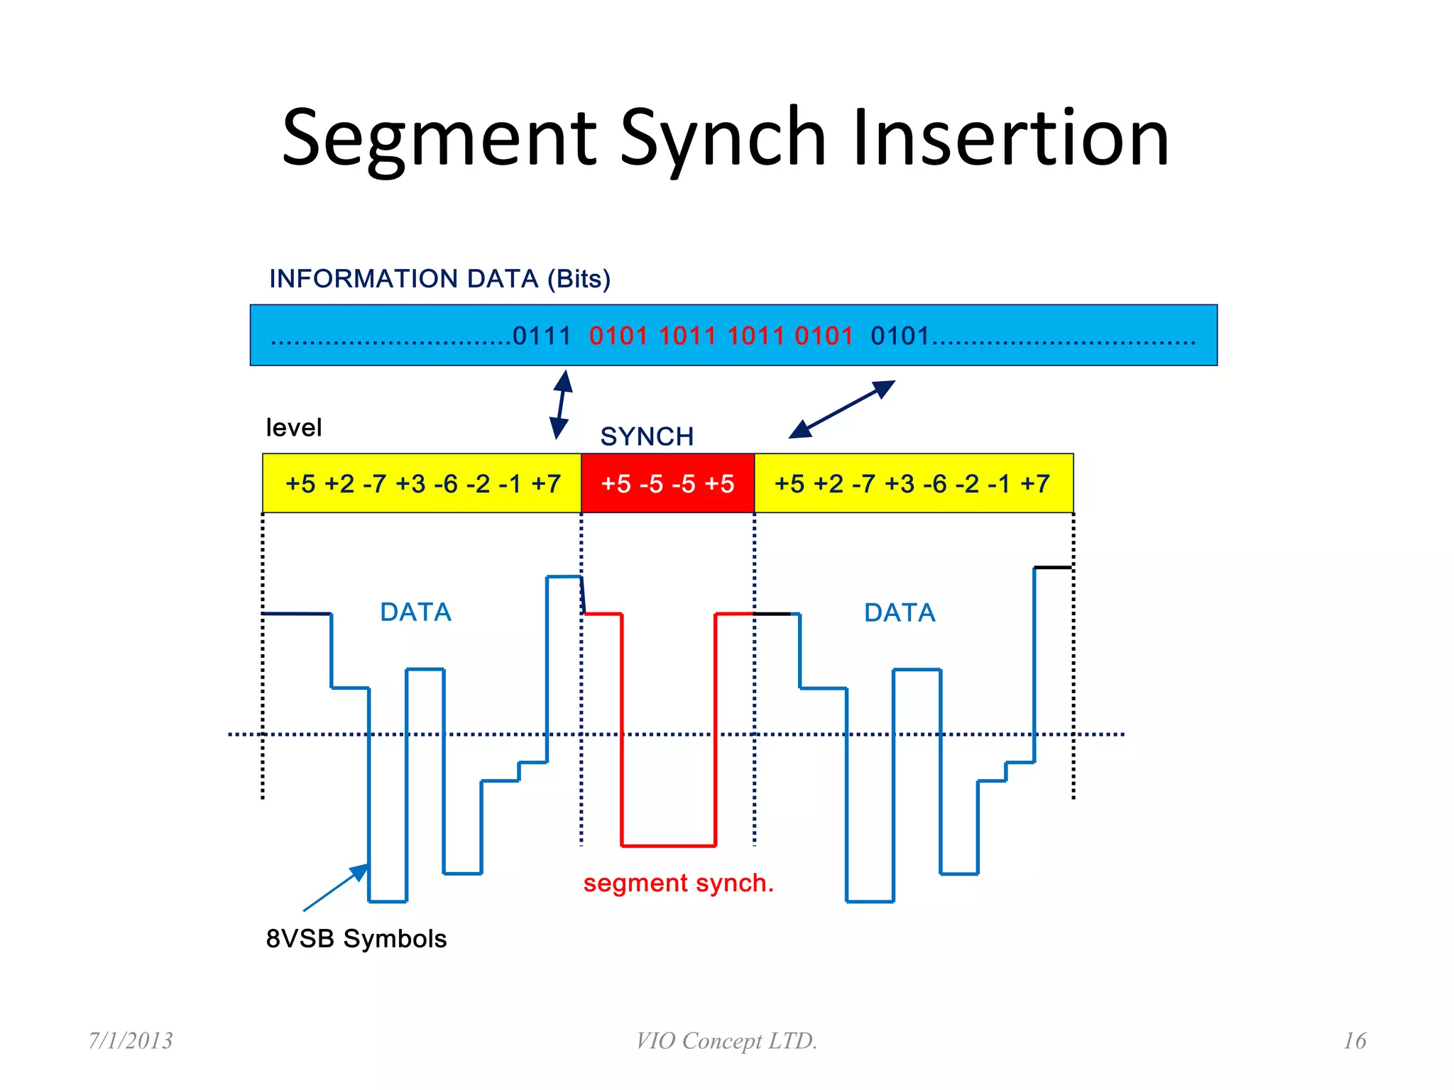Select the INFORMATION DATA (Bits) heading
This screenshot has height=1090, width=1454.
439,279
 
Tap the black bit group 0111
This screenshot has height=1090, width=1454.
542,336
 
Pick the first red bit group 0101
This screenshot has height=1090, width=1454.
618,336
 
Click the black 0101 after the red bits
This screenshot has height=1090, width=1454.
900,336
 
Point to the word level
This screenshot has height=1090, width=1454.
293,428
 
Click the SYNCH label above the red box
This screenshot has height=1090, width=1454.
647,436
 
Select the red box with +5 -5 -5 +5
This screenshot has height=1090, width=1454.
667,483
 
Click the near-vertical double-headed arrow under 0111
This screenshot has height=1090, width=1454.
562,404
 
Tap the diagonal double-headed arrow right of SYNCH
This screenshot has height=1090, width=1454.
842,409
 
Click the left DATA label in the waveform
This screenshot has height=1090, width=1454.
415,612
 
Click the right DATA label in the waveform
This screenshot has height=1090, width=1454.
900,612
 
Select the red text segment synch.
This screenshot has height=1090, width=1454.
678,883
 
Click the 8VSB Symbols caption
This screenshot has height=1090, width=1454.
356,939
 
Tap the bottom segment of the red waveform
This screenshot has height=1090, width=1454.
668,845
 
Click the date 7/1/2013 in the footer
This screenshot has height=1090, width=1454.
131,1040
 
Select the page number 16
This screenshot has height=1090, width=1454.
1354,1040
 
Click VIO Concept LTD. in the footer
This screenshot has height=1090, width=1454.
726,1040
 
